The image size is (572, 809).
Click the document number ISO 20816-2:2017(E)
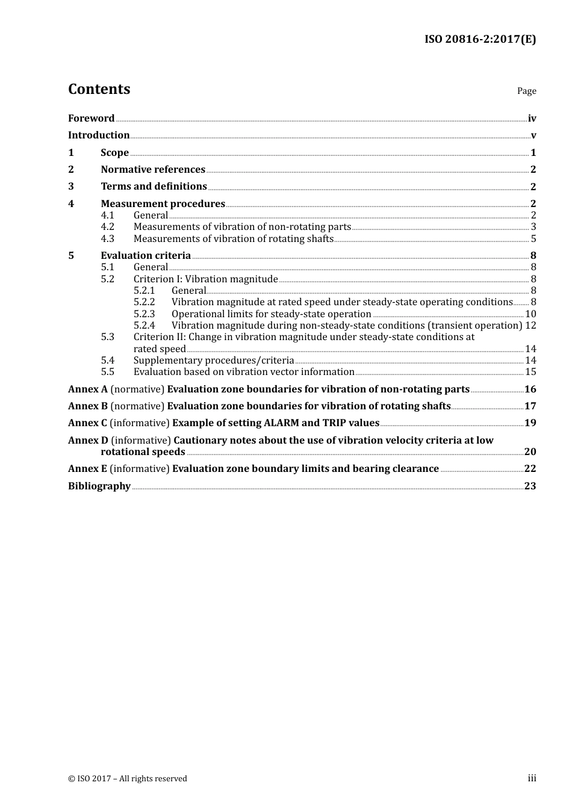[480, 39]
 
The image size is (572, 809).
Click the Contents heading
[99, 89]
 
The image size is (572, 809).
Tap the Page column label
[526, 91]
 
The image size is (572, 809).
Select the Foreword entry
[91, 119]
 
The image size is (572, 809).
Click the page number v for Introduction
[533, 135]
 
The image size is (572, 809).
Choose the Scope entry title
[114, 153]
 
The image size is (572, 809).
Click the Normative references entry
[153, 170]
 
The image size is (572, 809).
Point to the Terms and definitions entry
[154, 187]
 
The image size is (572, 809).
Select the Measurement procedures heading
[163, 204]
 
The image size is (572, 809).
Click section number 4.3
[107, 239]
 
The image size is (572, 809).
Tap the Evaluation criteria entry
[146, 256]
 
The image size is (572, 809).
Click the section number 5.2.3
[144, 314]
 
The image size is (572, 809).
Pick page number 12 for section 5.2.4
[530, 326]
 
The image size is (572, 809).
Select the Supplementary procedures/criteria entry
[214, 361]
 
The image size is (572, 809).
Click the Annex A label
[87, 389]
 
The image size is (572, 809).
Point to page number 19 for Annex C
[530, 423]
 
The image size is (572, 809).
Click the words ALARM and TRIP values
[322, 423]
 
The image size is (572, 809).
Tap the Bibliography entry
[99, 486]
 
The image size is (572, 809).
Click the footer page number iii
[532, 778]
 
